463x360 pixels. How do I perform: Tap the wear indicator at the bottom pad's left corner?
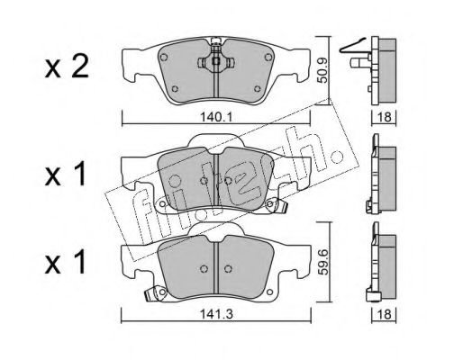158,292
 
